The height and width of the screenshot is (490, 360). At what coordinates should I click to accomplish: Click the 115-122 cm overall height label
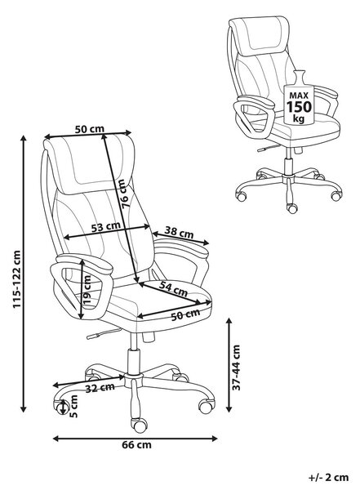17,279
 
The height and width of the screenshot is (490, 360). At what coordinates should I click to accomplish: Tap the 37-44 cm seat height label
237,367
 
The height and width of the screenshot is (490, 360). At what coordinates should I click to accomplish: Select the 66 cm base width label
136,444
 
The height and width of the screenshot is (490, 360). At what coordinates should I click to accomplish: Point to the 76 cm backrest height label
123,194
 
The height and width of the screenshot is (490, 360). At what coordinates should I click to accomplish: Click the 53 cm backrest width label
106,226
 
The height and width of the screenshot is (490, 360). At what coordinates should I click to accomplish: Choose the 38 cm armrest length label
179,233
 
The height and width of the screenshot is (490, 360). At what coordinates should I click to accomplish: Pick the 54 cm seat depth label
173,288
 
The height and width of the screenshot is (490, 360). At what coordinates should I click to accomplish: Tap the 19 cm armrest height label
87,289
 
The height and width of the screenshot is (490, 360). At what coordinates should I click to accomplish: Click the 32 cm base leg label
100,387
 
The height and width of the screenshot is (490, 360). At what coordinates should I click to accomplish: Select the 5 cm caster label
73,406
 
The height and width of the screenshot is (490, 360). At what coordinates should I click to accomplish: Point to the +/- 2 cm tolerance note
328,477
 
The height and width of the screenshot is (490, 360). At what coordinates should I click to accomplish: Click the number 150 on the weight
299,107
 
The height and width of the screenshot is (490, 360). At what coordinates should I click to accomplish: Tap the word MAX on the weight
299,95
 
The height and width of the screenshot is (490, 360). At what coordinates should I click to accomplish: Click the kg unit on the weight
299,118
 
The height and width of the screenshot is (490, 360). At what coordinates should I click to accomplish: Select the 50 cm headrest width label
89,129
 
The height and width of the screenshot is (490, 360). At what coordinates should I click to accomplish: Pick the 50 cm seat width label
185,314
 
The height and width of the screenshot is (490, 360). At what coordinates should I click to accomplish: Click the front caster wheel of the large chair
139,425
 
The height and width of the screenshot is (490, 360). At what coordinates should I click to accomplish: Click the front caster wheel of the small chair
292,208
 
